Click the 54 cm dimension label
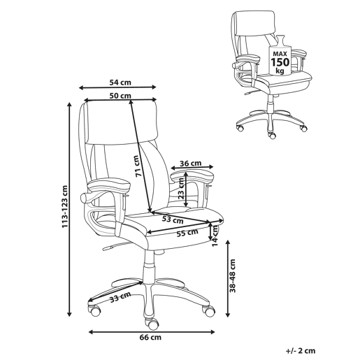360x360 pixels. [120, 82]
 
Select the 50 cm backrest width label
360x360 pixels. [120, 96]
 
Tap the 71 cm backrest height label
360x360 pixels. [137, 166]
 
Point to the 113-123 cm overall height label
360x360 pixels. [64, 206]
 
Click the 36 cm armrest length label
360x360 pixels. [191, 164]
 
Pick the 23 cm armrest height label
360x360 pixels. [181, 188]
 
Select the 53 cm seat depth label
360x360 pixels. [173, 219]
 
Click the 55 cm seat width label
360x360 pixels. [187, 233]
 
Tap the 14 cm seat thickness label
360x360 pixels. [215, 236]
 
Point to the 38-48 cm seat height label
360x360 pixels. [233, 275]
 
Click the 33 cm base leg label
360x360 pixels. [120, 297]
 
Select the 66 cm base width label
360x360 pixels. [150, 337]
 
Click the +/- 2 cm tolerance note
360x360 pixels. [301, 351]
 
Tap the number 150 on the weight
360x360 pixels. [280, 62]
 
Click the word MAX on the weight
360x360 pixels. [280, 54]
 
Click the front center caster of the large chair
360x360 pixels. [152, 324]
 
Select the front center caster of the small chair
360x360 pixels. [272, 135]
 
